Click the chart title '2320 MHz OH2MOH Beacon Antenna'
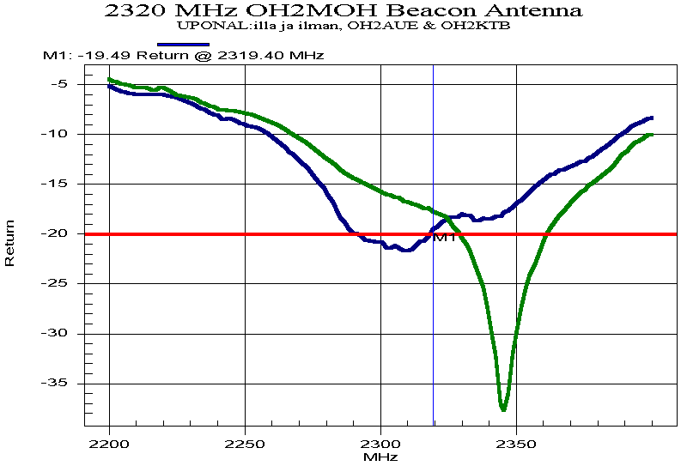[x=343, y=11]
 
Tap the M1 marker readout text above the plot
[x=183, y=55]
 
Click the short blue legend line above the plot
[x=183, y=44]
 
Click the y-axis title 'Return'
[x=10, y=243]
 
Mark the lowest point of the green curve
[x=503, y=409]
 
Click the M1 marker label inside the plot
[x=445, y=238]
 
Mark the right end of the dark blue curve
[x=652, y=118]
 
